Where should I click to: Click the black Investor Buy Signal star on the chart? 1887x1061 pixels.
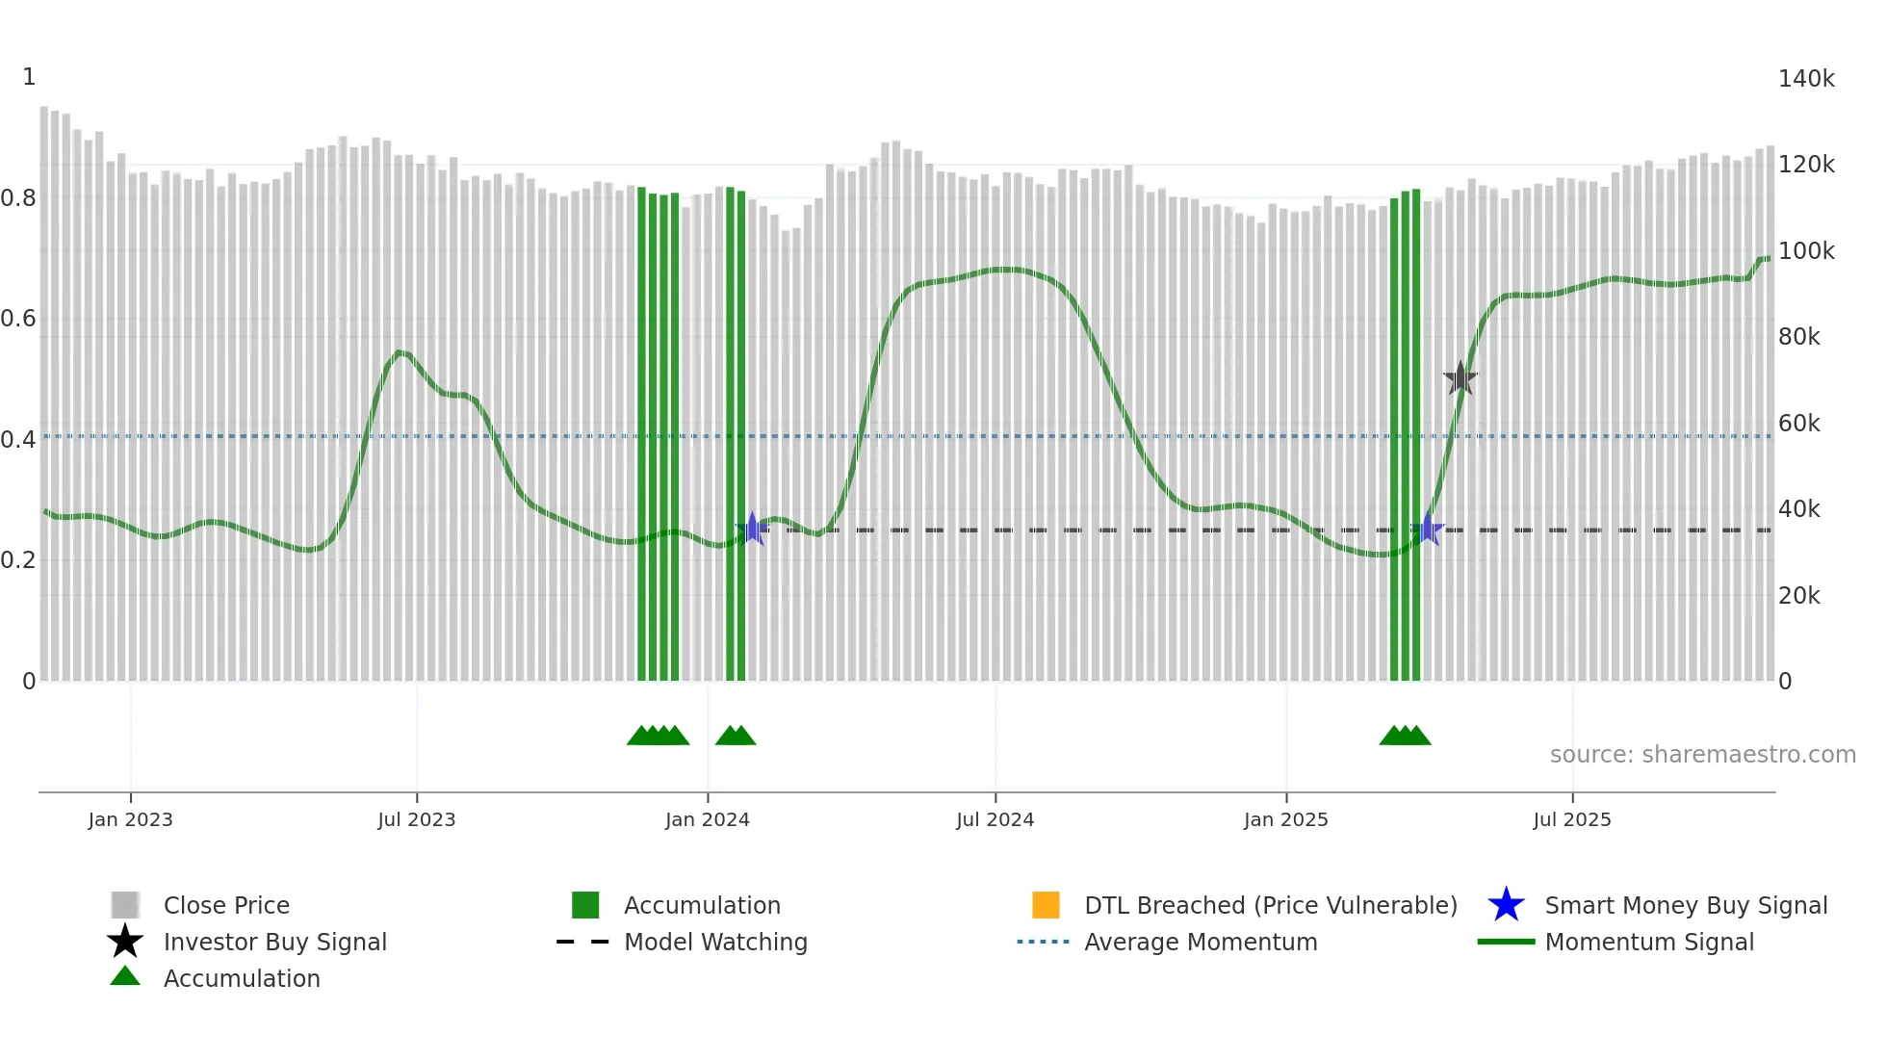click(x=1460, y=378)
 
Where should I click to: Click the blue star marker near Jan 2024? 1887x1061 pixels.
click(x=752, y=529)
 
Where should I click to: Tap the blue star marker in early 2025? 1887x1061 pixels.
click(x=1430, y=529)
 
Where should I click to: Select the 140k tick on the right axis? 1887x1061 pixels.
click(x=1806, y=79)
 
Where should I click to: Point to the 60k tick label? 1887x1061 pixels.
click(x=1798, y=424)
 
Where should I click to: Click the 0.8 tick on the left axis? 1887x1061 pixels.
click(x=18, y=198)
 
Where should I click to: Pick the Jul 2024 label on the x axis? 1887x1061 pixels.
click(x=995, y=819)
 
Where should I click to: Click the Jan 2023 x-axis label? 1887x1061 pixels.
click(x=130, y=819)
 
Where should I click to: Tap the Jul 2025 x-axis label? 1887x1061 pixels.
click(x=1571, y=819)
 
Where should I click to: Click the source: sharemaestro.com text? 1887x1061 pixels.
click(x=1702, y=755)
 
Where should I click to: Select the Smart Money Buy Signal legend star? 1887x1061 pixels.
click(x=1506, y=905)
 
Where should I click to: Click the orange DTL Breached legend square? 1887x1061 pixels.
click(x=1046, y=905)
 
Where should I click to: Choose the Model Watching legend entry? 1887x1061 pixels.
click(x=715, y=942)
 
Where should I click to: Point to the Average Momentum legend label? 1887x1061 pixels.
click(x=1201, y=942)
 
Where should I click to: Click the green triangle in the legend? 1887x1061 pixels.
click(x=125, y=976)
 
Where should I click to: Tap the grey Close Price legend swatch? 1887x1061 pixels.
click(x=125, y=905)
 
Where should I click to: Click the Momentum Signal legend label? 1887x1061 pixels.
click(x=1649, y=942)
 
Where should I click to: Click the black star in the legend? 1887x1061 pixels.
click(x=125, y=942)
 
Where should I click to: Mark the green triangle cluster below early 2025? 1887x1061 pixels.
click(x=1405, y=736)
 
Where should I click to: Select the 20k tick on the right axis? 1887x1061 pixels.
click(x=1798, y=596)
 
